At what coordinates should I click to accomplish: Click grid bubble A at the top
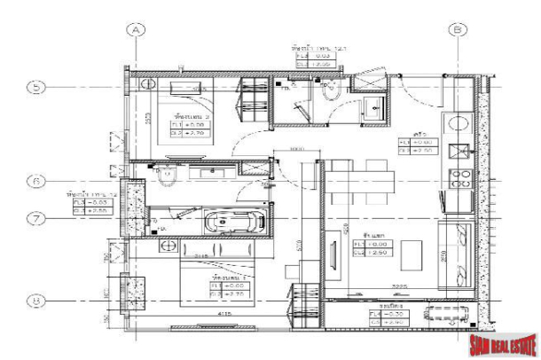click(x=137, y=29)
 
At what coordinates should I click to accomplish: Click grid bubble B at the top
click(x=459, y=29)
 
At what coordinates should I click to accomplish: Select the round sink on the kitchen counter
click(x=460, y=124)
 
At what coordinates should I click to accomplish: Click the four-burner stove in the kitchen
click(x=461, y=178)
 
